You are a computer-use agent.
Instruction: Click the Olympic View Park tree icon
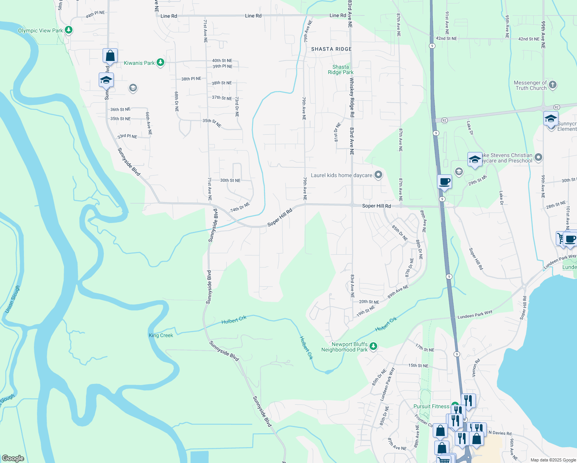[69, 30]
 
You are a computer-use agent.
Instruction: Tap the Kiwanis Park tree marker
[160, 63]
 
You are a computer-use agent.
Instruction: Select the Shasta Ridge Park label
[341, 69]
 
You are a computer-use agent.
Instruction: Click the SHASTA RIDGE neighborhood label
[331, 49]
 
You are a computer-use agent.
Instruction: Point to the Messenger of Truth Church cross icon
[552, 85]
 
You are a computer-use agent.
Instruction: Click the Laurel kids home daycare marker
[378, 175]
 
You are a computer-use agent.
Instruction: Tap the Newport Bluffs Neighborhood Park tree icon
[373, 346]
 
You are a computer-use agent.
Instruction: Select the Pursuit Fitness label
[431, 406]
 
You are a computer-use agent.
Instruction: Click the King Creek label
[161, 335]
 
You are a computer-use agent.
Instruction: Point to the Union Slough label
[12, 299]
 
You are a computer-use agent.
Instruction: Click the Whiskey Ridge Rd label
[352, 97]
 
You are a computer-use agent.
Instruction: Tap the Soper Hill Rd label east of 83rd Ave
[376, 206]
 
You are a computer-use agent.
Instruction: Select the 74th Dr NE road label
[240, 208]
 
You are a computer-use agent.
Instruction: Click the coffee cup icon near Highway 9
[444, 181]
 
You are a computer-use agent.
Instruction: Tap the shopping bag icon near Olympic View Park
[110, 56]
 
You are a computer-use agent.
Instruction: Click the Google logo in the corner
[13, 458]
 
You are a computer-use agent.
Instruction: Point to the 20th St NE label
[369, 302]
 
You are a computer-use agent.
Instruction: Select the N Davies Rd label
[500, 433]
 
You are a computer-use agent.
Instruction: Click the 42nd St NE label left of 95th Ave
[446, 39]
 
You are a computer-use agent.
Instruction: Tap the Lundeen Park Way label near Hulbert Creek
[475, 314]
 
